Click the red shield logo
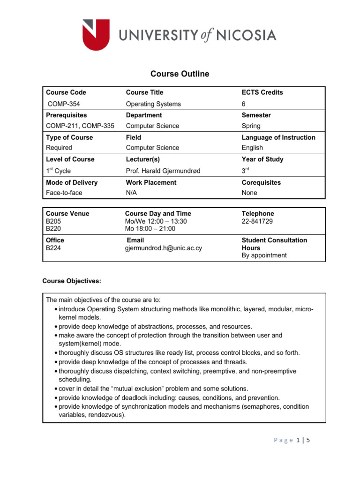coord(96,35)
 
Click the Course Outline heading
coord(180,74)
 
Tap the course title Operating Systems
coord(153,104)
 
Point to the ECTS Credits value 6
coord(244,104)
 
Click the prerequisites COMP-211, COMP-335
coord(80,126)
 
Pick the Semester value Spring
coord(251,126)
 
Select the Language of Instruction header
coord(278,137)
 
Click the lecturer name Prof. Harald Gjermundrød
coord(163,171)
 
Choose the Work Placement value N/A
coord(132,193)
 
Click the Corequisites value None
coord(249,193)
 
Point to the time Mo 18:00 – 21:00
coord(150,228)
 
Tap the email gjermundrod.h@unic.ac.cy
coord(163,248)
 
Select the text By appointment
coord(264,255)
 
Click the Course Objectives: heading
coord(71,281)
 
